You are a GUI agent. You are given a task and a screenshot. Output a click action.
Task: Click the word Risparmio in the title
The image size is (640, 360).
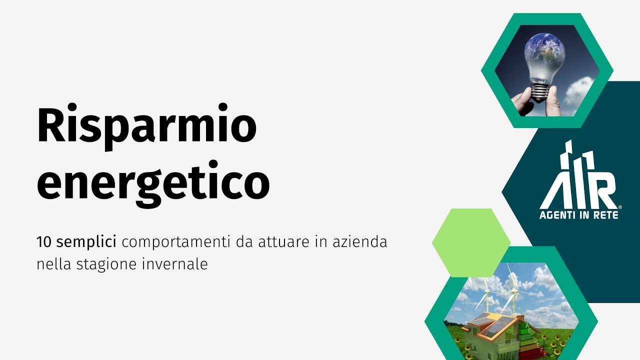(x=146, y=126)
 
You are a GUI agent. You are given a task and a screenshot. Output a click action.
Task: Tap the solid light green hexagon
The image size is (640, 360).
(x=470, y=242)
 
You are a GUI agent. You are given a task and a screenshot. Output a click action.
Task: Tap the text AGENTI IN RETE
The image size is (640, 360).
(x=578, y=215)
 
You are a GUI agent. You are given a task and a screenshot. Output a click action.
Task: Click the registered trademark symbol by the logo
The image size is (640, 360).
(x=620, y=206)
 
